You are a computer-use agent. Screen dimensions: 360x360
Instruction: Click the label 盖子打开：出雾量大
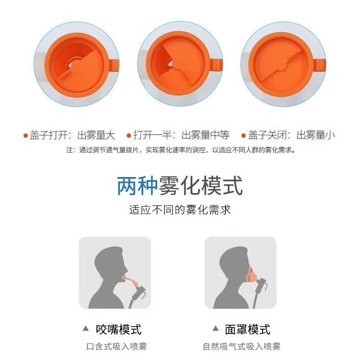(x=72, y=135)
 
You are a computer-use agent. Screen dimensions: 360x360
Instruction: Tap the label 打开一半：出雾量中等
(x=181, y=135)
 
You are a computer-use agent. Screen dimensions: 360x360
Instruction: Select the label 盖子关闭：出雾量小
(x=291, y=135)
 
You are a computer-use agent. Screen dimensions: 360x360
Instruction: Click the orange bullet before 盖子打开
(x=26, y=135)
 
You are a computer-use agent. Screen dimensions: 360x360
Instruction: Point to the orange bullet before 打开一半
(x=129, y=135)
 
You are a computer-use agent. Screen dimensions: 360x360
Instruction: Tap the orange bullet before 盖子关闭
(x=243, y=135)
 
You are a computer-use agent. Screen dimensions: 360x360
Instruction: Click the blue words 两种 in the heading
(x=137, y=186)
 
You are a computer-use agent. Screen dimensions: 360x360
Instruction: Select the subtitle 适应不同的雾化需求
(x=180, y=210)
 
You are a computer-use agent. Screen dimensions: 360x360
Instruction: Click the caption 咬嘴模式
(x=119, y=329)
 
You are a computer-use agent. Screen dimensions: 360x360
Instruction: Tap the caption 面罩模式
(x=248, y=329)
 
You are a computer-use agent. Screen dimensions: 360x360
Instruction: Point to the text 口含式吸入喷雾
(x=117, y=347)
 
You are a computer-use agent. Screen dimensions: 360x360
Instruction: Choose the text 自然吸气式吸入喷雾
(x=241, y=347)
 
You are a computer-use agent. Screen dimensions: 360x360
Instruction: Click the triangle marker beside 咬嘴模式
(x=86, y=328)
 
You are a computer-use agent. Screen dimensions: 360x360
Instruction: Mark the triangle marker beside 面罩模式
(x=216, y=328)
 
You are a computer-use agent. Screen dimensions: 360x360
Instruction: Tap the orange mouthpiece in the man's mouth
(x=131, y=281)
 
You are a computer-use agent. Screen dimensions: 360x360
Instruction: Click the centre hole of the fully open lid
(x=72, y=63)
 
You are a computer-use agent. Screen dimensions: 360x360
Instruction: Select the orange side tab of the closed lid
(x=319, y=65)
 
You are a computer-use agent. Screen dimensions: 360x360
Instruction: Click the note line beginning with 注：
(x=180, y=150)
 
